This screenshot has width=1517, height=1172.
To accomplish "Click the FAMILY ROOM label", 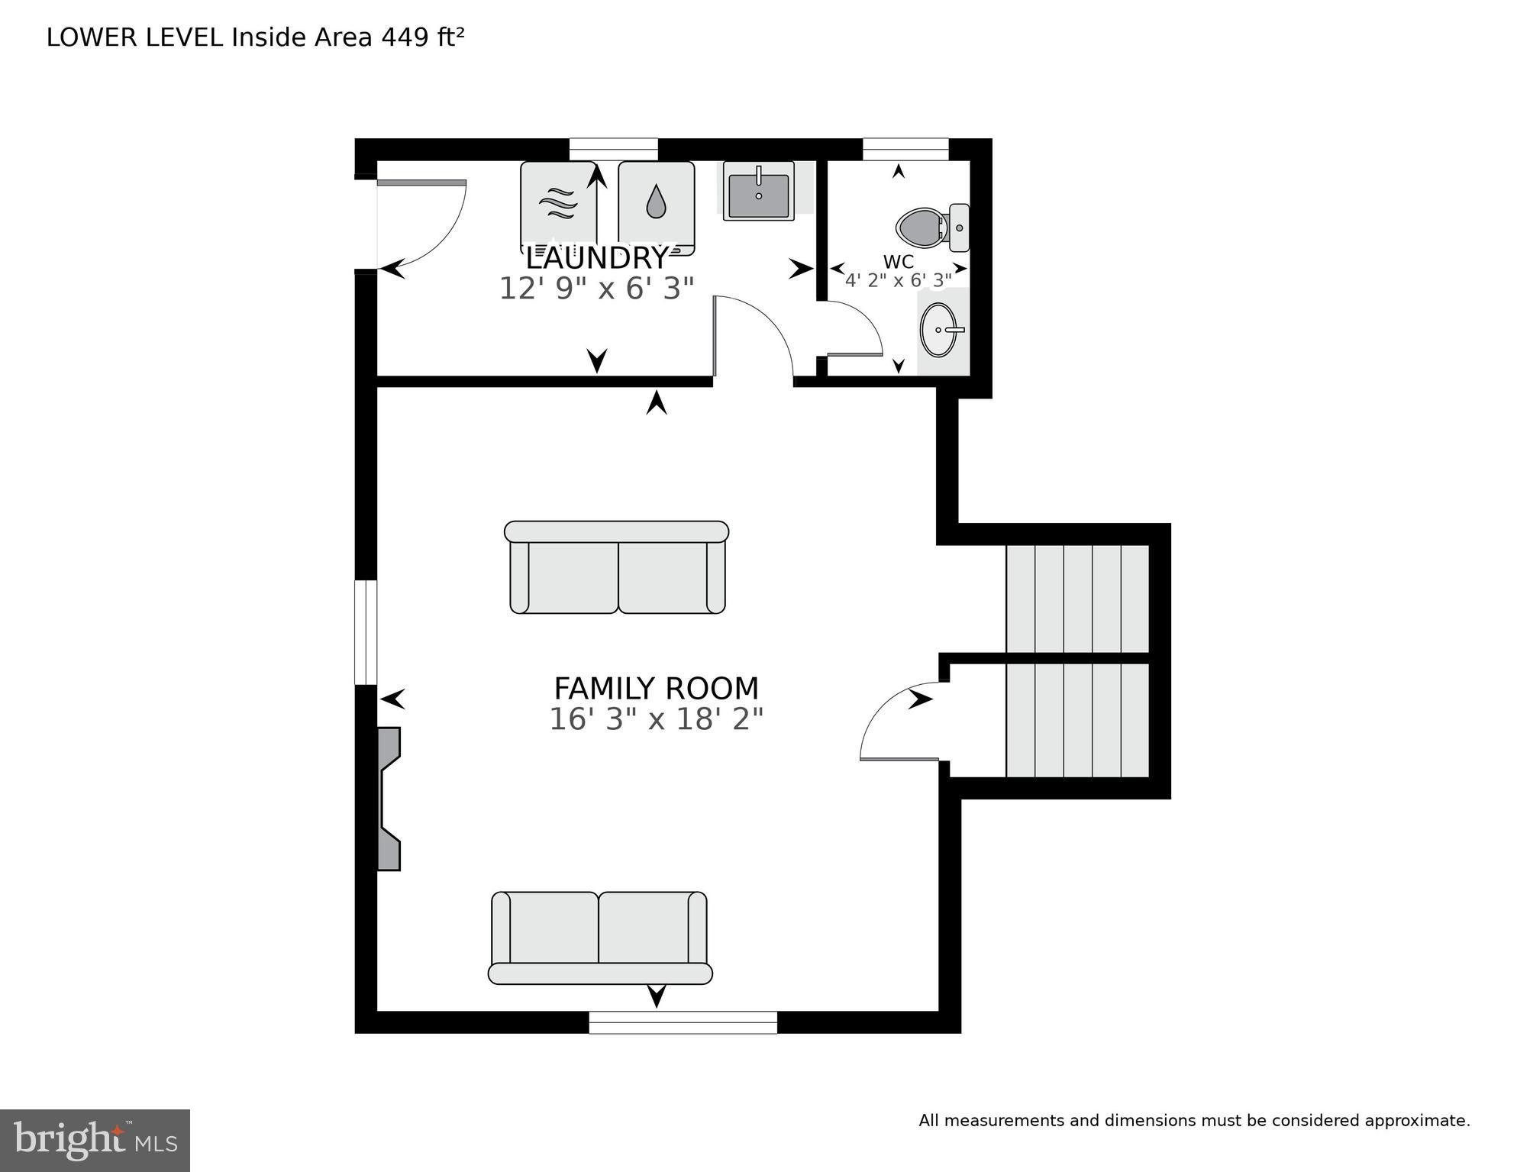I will [x=656, y=689].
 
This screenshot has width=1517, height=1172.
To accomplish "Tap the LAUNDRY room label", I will [x=597, y=258].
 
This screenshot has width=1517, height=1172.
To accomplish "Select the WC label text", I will [x=898, y=262].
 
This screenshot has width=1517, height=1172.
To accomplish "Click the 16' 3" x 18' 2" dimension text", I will [x=656, y=719].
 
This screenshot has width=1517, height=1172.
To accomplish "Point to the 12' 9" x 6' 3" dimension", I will [x=596, y=289].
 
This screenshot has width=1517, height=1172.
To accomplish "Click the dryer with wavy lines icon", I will [x=558, y=203].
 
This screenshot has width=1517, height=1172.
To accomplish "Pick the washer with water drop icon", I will [x=656, y=203].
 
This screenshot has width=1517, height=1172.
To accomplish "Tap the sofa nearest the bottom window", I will [x=599, y=938].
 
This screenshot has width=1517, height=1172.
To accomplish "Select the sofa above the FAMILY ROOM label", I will [x=617, y=567].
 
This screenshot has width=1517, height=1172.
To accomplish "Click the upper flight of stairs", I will [x=1076, y=598].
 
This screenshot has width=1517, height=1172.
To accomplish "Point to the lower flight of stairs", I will [x=1076, y=720].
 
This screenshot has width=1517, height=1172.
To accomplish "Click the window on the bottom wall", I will [x=683, y=1022].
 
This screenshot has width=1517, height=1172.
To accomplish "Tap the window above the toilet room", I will [x=905, y=149].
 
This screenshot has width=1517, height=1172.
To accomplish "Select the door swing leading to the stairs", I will [x=901, y=722].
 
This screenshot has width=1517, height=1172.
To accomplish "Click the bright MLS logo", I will [x=95, y=1140].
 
